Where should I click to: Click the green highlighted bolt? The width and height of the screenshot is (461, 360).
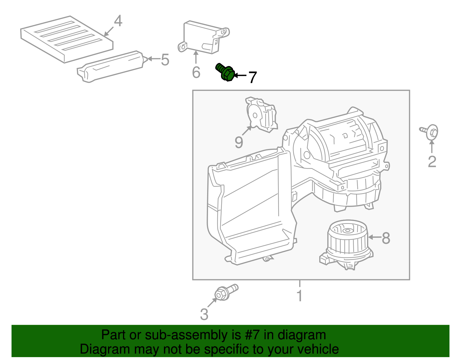(225, 72)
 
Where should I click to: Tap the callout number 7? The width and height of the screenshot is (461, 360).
(252, 77)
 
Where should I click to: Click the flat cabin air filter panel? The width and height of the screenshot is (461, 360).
(67, 39)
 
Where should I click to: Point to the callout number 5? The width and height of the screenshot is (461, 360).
(165, 60)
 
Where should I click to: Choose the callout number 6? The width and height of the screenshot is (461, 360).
(196, 72)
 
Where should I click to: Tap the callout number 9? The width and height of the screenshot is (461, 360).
(239, 142)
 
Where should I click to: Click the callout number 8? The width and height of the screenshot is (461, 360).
(386, 238)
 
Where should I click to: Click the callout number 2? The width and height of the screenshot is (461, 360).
(432, 161)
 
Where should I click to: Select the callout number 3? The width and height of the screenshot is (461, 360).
(204, 314)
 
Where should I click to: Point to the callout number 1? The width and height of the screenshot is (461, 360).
(300, 296)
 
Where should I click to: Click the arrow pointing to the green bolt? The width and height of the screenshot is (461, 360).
(240, 76)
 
